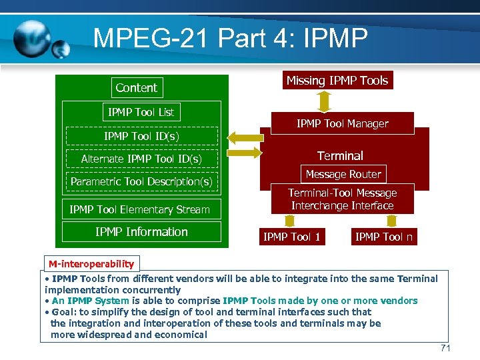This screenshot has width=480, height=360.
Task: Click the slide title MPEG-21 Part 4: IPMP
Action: pyautogui.click(x=230, y=38)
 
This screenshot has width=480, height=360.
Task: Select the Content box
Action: pyautogui.click(x=136, y=87)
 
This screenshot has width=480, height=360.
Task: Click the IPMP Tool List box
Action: pyautogui.click(x=141, y=112)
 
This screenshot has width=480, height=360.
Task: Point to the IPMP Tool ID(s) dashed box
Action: pyautogui.click(x=141, y=136)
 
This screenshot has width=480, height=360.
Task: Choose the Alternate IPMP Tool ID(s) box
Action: pyautogui.click(x=141, y=159)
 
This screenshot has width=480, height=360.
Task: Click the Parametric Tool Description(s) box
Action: pyautogui.click(x=141, y=181)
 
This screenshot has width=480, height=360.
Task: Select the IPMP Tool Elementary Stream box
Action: pyautogui.click(x=140, y=209)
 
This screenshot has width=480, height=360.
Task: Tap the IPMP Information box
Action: pyautogui.click(x=141, y=232)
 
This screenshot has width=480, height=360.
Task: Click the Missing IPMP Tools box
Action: pyautogui.click(x=337, y=81)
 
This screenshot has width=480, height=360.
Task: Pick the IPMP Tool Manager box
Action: pyautogui.click(x=342, y=123)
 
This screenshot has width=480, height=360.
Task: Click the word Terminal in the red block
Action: pyautogui.click(x=340, y=155)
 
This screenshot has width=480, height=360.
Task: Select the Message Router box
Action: pyautogui.click(x=343, y=175)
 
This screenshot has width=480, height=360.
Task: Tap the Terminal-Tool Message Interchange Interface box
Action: pyautogui.click(x=342, y=199)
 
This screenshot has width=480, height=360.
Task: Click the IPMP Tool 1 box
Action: pyautogui.click(x=292, y=237)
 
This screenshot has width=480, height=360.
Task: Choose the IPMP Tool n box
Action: pyautogui.click(x=383, y=237)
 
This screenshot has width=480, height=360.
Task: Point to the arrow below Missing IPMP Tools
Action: pyautogui.click(x=325, y=101)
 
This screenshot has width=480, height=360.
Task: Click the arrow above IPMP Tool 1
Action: pyautogui.click(x=290, y=221)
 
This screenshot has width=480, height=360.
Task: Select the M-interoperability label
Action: pyautogui.click(x=91, y=263)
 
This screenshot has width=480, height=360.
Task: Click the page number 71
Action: pyautogui.click(x=446, y=349)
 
